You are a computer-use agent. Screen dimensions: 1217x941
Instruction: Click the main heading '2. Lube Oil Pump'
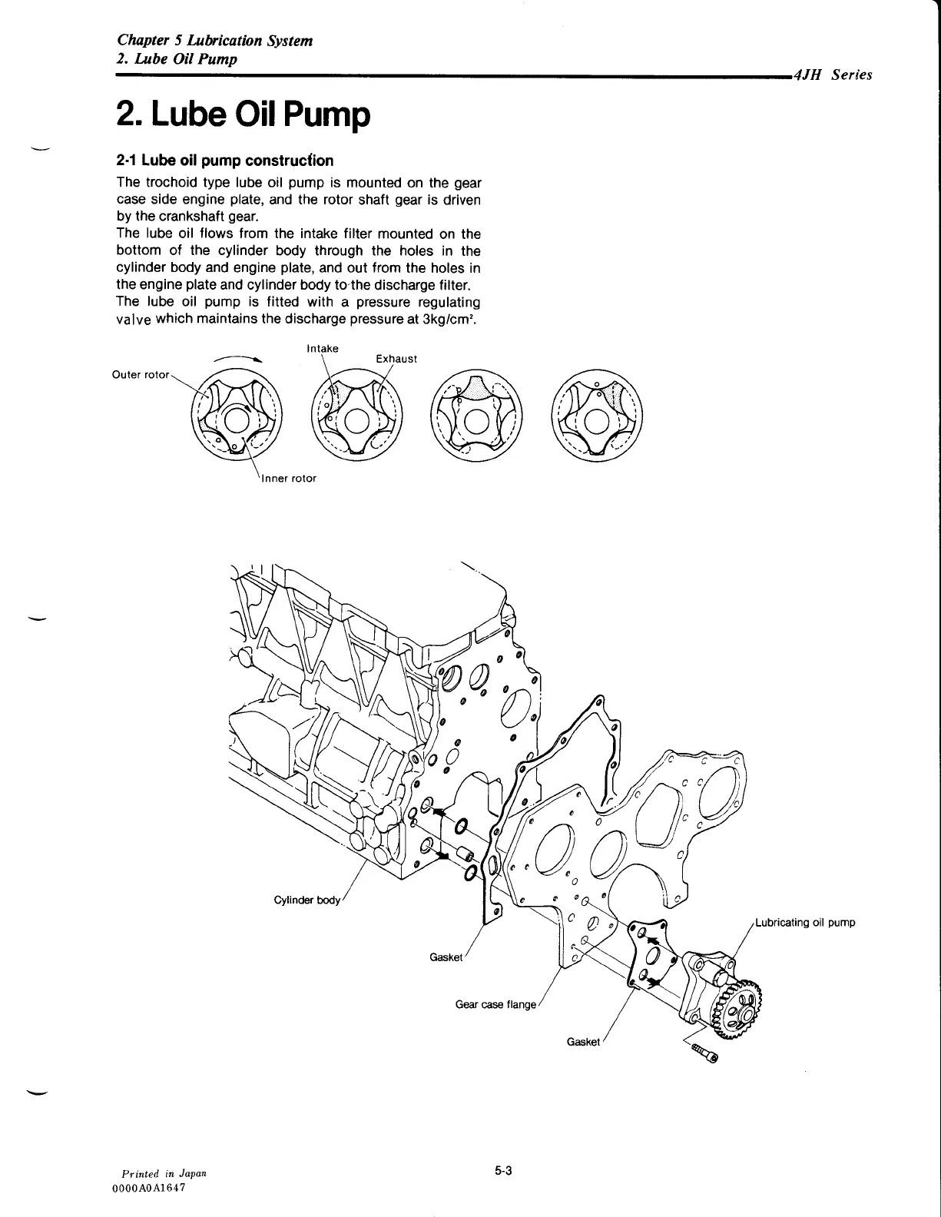point(243,115)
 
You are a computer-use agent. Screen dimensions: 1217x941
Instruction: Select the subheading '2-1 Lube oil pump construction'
point(224,161)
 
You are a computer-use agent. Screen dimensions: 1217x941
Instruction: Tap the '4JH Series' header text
point(833,75)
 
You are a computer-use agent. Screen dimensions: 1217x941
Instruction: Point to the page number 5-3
point(503,1171)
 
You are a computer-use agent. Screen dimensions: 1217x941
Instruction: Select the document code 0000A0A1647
point(150,1188)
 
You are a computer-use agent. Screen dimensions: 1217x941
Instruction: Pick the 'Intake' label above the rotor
point(322,349)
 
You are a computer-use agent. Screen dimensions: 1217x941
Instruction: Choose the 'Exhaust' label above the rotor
point(396,359)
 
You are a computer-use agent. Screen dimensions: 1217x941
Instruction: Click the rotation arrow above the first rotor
point(240,358)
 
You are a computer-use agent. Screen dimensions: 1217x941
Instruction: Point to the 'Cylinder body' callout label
point(306,900)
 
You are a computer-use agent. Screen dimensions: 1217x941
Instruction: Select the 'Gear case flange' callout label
point(495,1004)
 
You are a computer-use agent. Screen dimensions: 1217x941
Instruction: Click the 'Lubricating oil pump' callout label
point(805,923)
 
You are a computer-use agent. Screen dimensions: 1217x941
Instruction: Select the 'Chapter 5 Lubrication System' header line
point(214,41)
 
